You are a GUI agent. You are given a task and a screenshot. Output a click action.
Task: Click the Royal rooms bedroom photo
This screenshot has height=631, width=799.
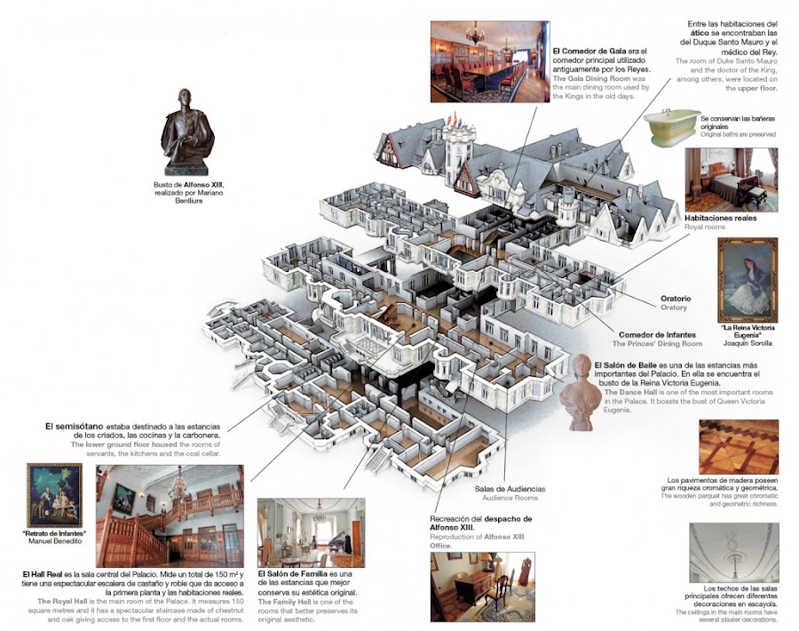[x=731, y=180]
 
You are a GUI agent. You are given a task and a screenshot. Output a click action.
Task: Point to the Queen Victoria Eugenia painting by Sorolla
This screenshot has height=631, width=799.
[x=748, y=281]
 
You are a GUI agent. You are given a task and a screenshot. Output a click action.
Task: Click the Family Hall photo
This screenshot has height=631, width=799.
[x=310, y=531]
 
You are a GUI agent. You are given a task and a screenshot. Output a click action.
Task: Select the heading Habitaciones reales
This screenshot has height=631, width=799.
[x=721, y=218]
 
